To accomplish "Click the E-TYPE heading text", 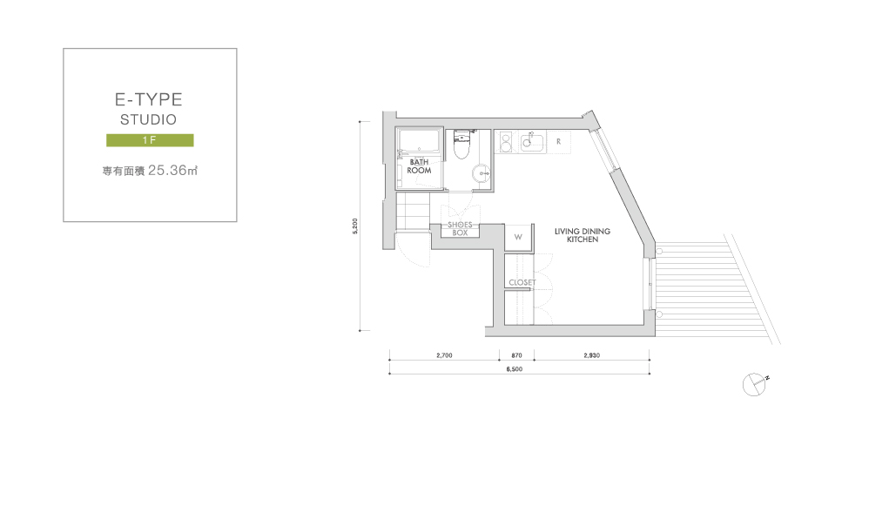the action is click(149, 99).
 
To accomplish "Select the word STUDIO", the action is click(149, 119).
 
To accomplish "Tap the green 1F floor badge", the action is click(150, 140).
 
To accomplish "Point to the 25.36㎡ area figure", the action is click(172, 170).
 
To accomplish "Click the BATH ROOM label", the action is click(419, 166).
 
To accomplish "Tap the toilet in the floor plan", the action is click(462, 145).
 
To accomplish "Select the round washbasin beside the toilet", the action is click(482, 173).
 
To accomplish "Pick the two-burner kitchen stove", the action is click(506, 142).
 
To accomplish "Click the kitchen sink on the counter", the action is click(531, 142).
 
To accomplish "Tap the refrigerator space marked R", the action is click(558, 142).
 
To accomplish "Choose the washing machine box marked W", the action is click(518, 237).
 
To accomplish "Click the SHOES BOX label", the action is click(460, 228).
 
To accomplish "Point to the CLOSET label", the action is click(522, 282).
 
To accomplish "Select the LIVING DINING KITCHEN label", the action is click(583, 235).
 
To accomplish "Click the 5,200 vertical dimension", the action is click(355, 226).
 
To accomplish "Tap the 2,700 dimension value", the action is click(444, 355).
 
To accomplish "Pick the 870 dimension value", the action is click(516, 355).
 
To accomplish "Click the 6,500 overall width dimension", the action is click(515, 369).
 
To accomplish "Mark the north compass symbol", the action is click(755, 385).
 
